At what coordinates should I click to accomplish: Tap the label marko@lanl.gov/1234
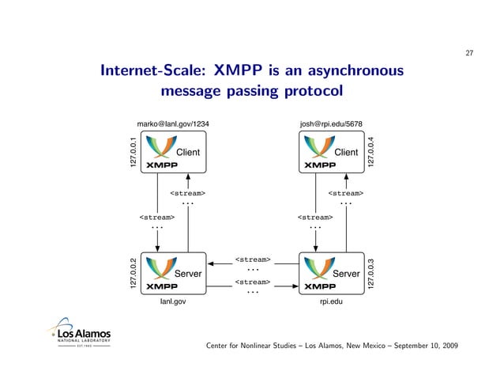click(x=173, y=124)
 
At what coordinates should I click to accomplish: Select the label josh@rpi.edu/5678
click(x=331, y=124)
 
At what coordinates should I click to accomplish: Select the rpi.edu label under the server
click(x=331, y=301)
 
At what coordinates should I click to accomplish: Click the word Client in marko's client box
click(x=187, y=152)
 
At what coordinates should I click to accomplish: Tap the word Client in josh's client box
click(x=347, y=152)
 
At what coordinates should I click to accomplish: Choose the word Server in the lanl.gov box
click(x=188, y=274)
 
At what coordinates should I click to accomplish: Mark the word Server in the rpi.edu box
click(x=347, y=274)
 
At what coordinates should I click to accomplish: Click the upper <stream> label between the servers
click(x=253, y=259)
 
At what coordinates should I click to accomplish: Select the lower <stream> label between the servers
click(x=253, y=282)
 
